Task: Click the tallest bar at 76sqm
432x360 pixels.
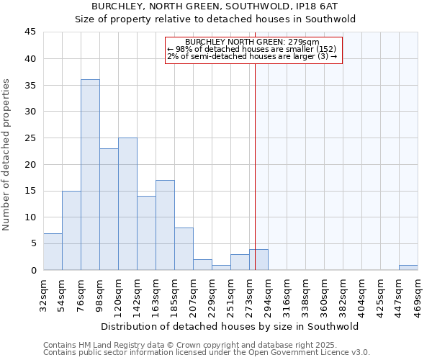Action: coord(90,175)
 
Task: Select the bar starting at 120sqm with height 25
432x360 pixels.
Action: coord(127,204)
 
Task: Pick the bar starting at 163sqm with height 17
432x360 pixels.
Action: coord(165,225)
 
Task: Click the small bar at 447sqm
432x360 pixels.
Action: coord(408,267)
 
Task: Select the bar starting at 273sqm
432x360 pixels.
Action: coord(258,260)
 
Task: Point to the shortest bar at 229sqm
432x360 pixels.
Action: coord(221,267)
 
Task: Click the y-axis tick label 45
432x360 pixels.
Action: coord(30,32)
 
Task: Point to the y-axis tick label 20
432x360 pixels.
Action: coord(30,164)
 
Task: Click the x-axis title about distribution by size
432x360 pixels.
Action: coord(230,326)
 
